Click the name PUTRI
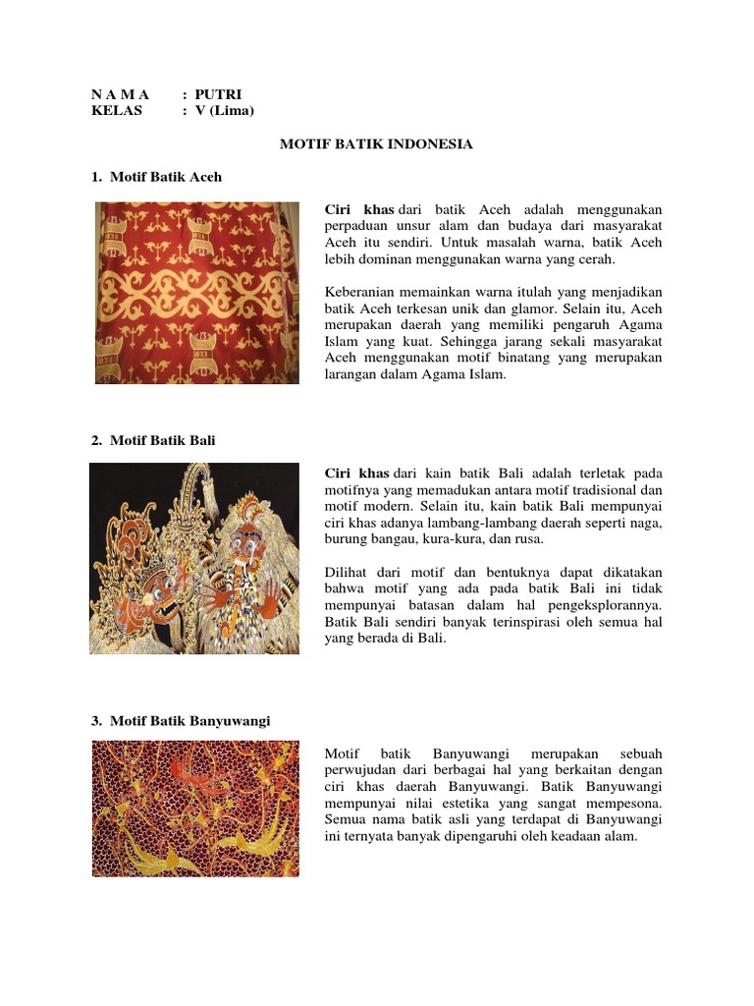tap(218, 94)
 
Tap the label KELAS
tap(116, 111)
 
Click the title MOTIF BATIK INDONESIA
tap(377, 144)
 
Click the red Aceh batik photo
tap(196, 293)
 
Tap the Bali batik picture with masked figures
tap(194, 558)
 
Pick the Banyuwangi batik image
tap(195, 808)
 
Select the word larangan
tap(353, 375)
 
